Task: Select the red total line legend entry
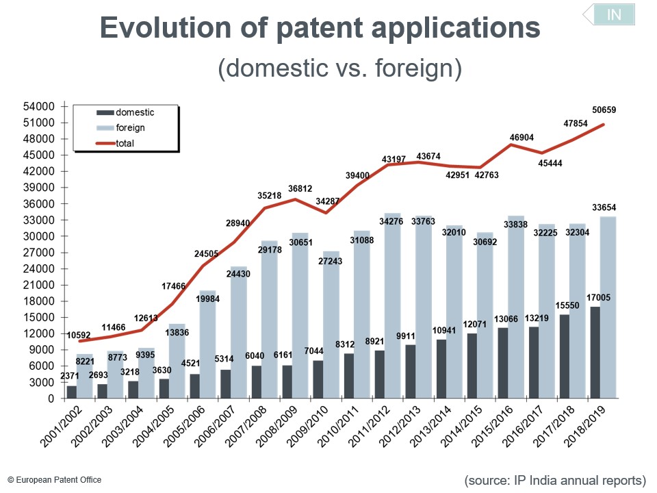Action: pyautogui.click(x=125, y=143)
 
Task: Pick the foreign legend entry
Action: pyautogui.click(x=130, y=128)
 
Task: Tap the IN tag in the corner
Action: pyautogui.click(x=613, y=14)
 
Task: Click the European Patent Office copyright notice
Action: pyautogui.click(x=55, y=480)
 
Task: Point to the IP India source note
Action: pyautogui.click(x=555, y=480)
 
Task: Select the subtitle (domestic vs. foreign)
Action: pyautogui.click(x=339, y=69)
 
